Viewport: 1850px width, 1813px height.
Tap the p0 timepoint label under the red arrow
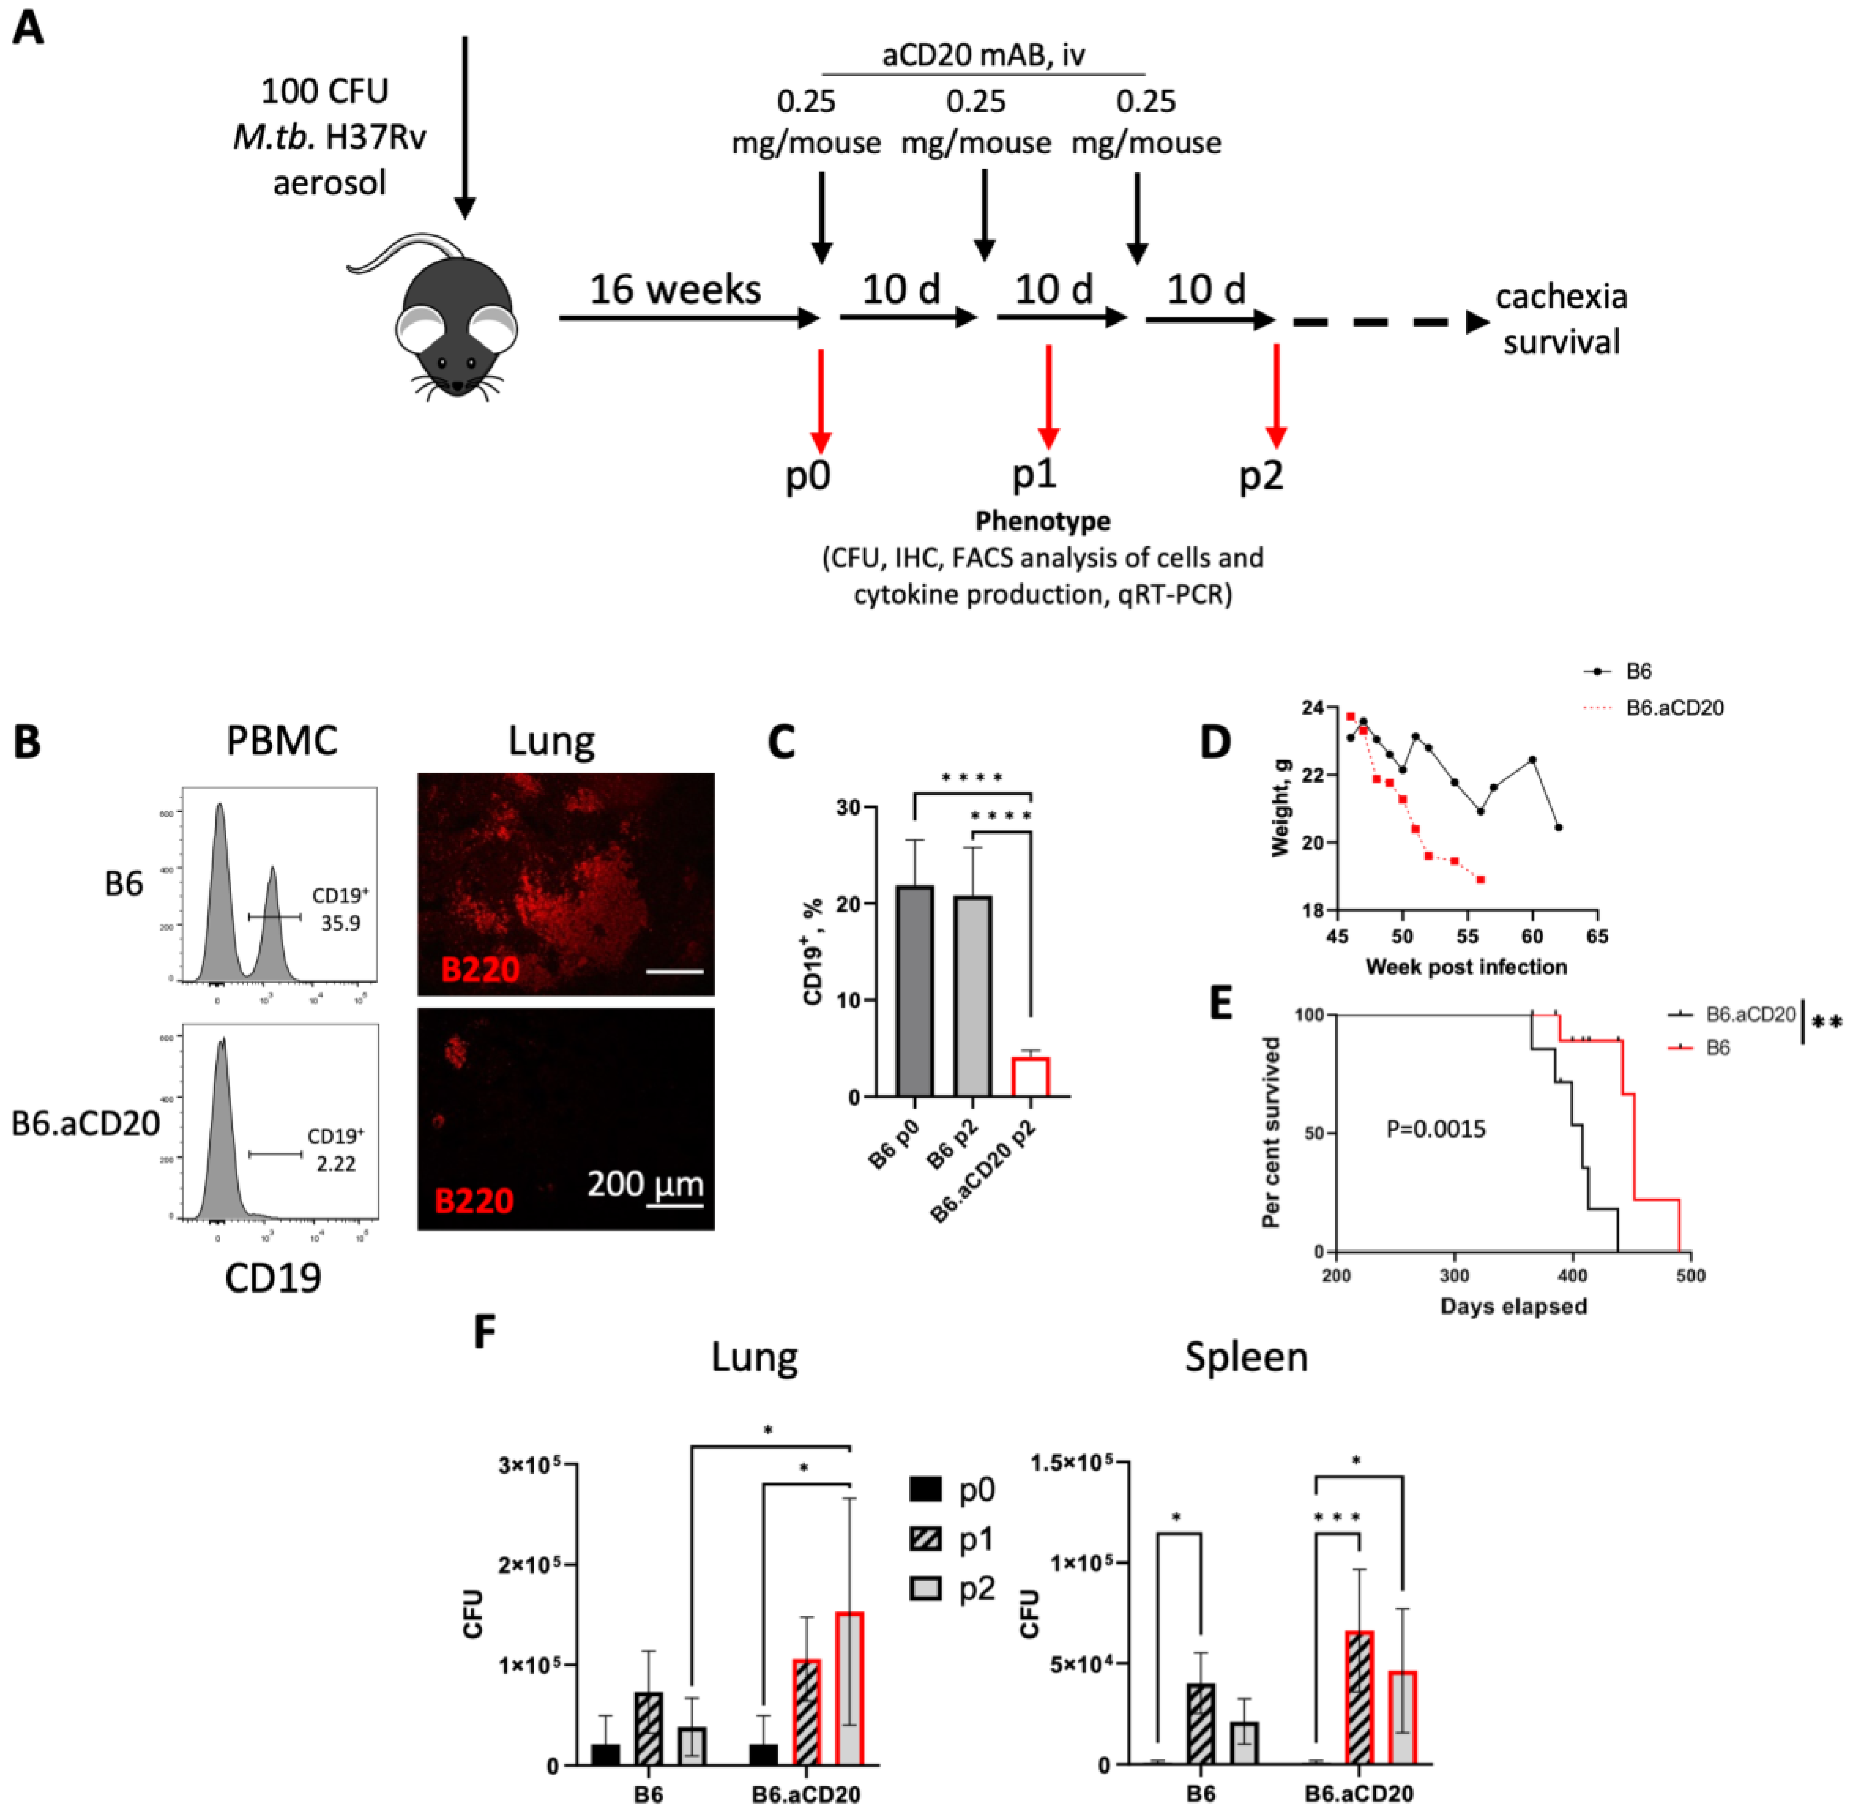(x=807, y=474)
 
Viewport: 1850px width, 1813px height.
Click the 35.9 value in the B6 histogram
(x=340, y=923)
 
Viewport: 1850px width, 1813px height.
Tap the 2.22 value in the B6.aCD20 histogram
(x=335, y=1164)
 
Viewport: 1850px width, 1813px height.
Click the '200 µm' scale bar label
(x=646, y=1184)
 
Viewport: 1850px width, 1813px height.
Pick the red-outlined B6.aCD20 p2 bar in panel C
(x=1030, y=1076)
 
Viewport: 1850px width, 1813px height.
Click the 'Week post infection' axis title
(x=1466, y=966)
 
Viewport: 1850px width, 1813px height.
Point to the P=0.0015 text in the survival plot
(x=1435, y=1129)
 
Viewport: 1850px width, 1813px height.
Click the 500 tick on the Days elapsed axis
(x=1690, y=1275)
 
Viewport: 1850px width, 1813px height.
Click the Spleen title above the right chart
(x=1245, y=1357)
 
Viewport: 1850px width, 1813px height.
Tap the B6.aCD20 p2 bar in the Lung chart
(x=848, y=1688)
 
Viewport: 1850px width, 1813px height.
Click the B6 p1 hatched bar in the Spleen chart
(x=1201, y=1724)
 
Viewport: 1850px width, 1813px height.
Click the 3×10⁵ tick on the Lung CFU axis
(x=528, y=1464)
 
